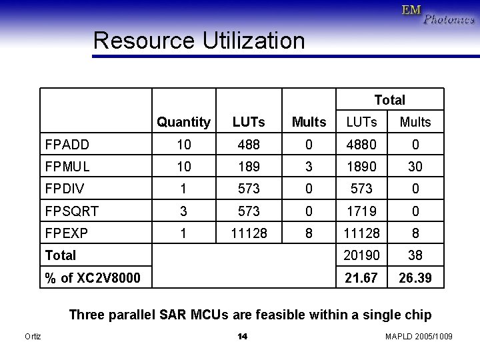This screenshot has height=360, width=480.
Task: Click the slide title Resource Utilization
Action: [x=199, y=41]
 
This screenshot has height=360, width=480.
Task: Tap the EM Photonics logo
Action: [x=438, y=14]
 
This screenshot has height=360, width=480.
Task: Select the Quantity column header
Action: [x=183, y=122]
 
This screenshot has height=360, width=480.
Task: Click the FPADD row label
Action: [x=67, y=144]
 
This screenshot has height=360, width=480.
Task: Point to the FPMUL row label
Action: [x=67, y=166]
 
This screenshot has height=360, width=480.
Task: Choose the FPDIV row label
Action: [x=65, y=189]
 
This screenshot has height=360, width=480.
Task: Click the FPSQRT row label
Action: [x=71, y=211]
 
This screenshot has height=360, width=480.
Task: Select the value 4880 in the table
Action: [x=361, y=144]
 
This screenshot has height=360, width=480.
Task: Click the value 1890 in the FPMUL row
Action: [x=361, y=166]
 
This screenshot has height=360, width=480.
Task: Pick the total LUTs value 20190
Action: [x=361, y=255]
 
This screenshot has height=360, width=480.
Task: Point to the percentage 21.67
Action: [x=361, y=277]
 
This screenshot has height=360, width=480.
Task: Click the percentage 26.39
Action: [x=415, y=277]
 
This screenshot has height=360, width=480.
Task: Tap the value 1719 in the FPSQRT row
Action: [x=361, y=211]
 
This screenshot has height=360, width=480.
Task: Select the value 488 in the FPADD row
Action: [x=249, y=144]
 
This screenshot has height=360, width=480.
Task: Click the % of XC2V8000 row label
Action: [x=93, y=277]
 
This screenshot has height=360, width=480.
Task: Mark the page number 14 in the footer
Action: [x=243, y=337]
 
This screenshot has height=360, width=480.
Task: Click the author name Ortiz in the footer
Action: [x=32, y=337]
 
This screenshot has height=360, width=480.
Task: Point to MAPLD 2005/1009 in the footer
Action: [x=419, y=337]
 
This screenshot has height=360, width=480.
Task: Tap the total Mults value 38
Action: [x=415, y=255]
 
